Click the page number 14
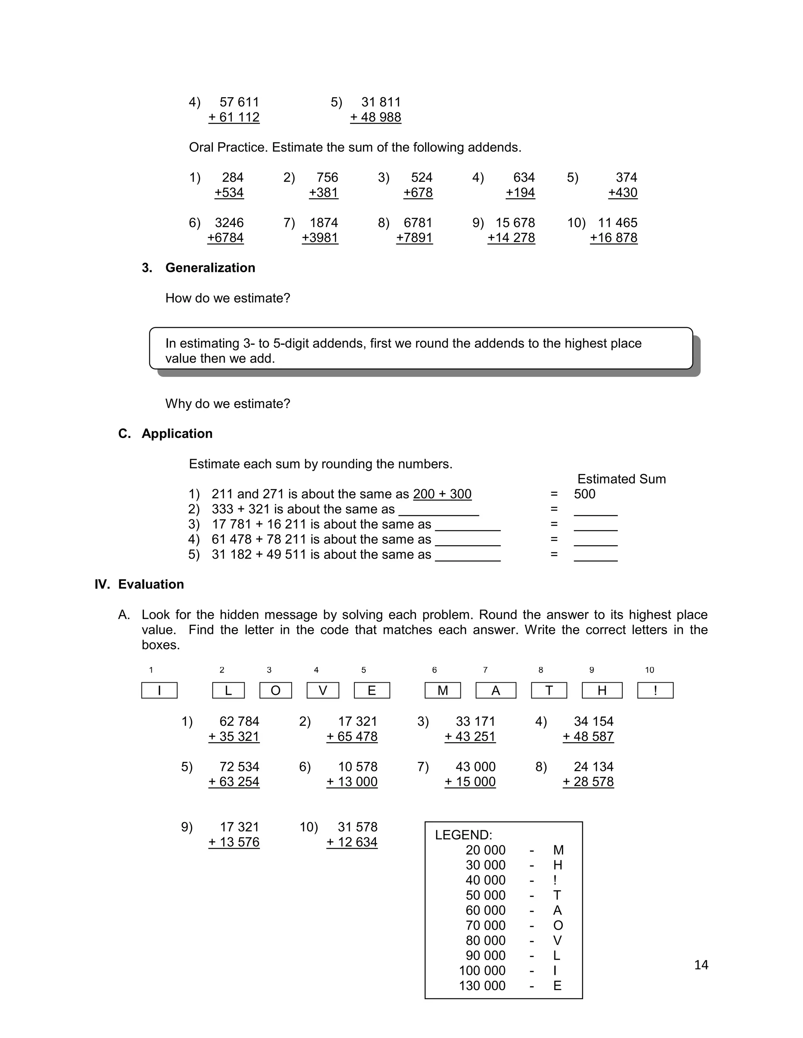coord(701,965)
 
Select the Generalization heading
coord(210,268)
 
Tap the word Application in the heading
coord(177,434)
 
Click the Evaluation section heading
coord(151,584)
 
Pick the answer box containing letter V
coord(323,691)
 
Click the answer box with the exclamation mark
coord(655,691)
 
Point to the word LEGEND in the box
coord(463,835)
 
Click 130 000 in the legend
coord(482,986)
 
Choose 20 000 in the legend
coord(485,850)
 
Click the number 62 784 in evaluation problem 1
coord(239,722)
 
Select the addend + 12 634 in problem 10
coord(352,842)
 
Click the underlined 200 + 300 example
coord(442,494)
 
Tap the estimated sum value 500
coord(584,494)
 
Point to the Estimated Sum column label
coord(621,479)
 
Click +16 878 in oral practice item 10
coord(613,238)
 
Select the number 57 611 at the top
coord(239,102)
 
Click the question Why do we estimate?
coord(227,404)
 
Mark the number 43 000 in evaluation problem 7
coord(475,767)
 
